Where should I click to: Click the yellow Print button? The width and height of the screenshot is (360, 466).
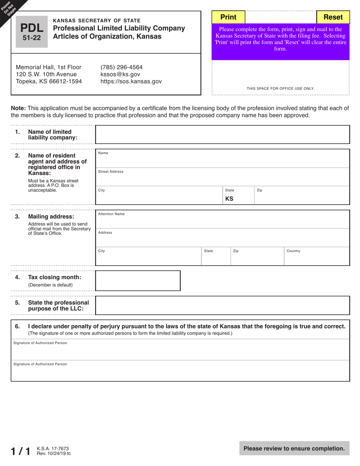coord(228,17)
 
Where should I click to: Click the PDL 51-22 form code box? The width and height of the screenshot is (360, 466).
coord(32,32)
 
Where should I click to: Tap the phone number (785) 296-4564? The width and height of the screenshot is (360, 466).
coord(121,67)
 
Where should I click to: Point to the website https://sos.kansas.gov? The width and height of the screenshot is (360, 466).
coord(131,81)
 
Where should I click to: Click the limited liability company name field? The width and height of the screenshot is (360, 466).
coord(222,134)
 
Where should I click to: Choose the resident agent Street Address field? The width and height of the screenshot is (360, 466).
coord(222,177)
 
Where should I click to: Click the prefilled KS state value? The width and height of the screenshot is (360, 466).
coord(229,199)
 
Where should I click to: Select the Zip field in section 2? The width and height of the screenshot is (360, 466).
coord(301,196)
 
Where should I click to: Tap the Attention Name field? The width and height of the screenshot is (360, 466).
coord(222,220)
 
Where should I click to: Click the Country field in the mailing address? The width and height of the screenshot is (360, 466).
coord(316,257)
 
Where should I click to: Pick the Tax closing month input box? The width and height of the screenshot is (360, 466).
coord(138,281)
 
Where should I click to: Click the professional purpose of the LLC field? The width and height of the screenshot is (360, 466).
coord(222,305)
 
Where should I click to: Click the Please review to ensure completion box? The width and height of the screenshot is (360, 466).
coord(294,449)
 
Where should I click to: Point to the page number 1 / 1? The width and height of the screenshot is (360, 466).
coord(20,451)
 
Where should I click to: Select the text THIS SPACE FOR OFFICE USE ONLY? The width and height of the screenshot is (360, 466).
coord(280,89)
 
